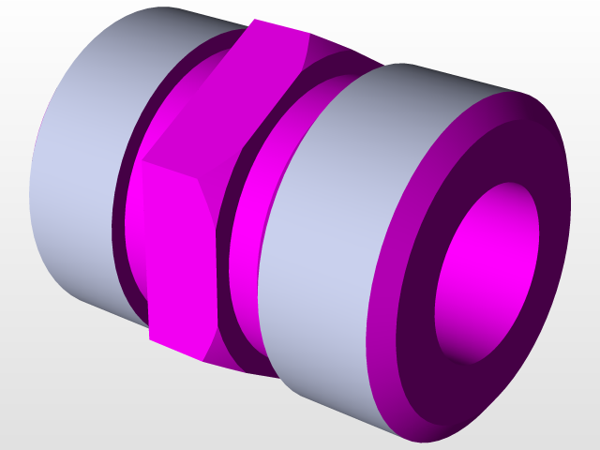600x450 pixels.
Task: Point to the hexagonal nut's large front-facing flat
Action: (178, 253)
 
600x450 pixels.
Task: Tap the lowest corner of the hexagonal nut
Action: (202, 362)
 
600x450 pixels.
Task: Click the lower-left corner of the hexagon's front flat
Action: (150, 337)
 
